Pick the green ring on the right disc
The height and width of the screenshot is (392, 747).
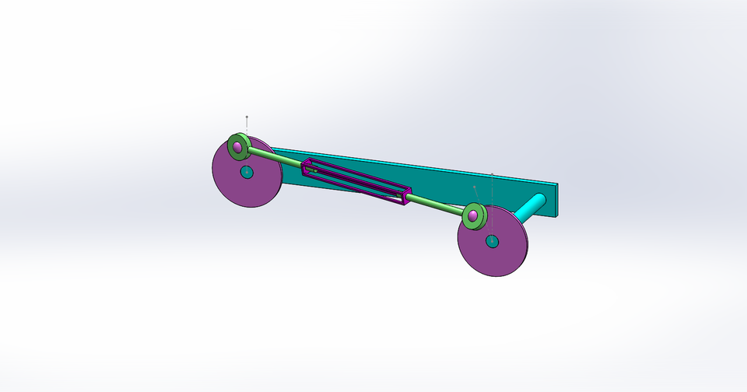pos(481,210)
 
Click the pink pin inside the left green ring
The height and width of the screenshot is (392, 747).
pos(237,146)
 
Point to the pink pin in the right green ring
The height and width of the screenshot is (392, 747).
pos(472,215)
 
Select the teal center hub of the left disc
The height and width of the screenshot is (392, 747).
pos(246,171)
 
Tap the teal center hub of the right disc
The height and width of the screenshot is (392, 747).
pos(492,241)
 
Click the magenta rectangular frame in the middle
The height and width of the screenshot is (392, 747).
pos(358,183)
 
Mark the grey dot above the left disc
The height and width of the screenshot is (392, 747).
pos(247,117)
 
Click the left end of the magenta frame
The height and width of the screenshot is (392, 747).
pos(308,165)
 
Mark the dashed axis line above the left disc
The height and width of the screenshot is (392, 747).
pos(247,126)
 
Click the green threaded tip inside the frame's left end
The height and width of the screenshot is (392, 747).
pos(314,168)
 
